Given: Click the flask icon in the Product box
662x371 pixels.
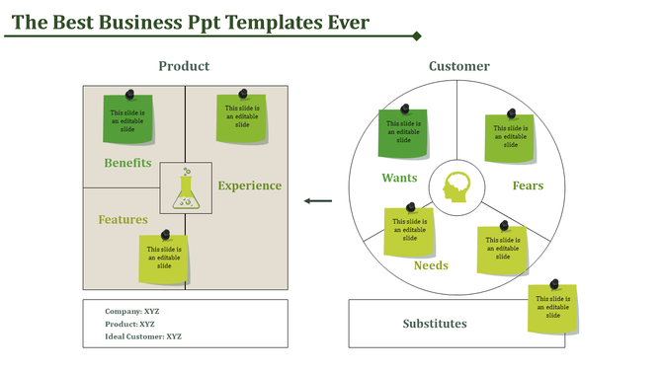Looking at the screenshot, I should [185, 187].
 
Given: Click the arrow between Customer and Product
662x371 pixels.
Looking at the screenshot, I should [318, 201].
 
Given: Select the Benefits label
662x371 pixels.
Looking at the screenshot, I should [127, 163].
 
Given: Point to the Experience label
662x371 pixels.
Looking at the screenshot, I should [249, 185].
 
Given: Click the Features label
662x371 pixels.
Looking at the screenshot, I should [123, 219].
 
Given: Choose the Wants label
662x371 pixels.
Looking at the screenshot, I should [399, 179].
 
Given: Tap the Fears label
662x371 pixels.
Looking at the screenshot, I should [527, 185].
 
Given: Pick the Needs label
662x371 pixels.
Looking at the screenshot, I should [431, 265].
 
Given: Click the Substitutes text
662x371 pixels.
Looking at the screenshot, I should [435, 324].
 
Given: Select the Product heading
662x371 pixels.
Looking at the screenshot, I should [184, 66].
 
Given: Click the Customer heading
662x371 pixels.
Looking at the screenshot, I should [458, 66].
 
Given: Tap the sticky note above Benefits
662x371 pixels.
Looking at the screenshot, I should [128, 118].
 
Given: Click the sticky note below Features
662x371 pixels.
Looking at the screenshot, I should [163, 259].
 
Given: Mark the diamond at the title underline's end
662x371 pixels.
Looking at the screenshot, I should [417, 37].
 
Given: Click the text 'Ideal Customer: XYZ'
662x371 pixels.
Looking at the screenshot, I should [143, 336].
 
